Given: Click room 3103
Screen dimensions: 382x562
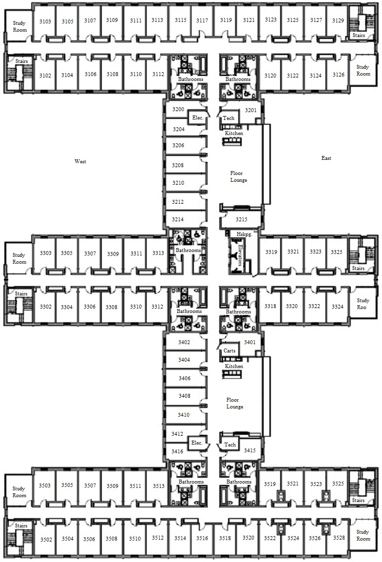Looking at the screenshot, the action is click(45, 21).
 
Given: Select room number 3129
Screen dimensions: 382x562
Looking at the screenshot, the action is click(338, 20).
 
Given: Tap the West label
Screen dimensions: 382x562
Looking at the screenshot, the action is click(80, 161).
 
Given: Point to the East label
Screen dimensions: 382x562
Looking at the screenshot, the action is click(326, 158).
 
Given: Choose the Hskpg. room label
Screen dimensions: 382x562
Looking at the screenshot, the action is click(245, 234).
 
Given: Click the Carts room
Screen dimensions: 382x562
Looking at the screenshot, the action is click(229, 350).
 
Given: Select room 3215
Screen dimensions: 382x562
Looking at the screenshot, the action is click(242, 219).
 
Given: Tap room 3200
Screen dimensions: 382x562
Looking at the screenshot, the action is click(178, 109).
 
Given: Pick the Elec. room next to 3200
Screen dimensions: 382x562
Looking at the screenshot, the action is click(198, 117).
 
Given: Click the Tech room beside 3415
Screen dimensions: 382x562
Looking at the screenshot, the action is click(230, 445).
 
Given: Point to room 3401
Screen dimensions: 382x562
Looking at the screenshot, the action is click(250, 342).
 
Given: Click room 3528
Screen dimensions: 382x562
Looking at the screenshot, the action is click(339, 537).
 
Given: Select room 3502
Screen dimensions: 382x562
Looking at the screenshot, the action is click(46, 540).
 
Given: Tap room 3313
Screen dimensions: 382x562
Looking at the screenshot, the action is click(158, 253).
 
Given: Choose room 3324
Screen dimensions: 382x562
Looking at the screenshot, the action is click(337, 307).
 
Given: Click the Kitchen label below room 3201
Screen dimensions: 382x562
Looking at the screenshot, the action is click(234, 134).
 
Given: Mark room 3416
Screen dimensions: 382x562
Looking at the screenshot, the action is click(177, 452).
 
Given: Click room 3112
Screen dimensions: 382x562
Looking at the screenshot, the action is click(158, 74).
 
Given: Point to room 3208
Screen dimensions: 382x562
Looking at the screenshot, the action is click(178, 165).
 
